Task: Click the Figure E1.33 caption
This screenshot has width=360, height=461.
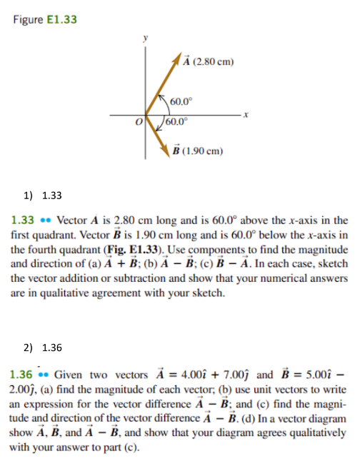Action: (x=45, y=20)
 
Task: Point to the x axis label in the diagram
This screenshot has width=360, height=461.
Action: (x=244, y=114)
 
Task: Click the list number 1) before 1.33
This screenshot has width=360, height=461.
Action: (x=27, y=194)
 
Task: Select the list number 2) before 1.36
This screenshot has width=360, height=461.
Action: (x=27, y=348)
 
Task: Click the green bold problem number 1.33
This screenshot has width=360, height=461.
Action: (x=22, y=221)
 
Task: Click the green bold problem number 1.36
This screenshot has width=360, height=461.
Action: (x=22, y=375)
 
